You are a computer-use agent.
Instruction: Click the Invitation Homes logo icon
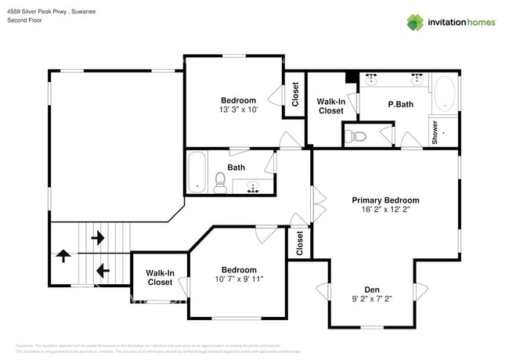415,22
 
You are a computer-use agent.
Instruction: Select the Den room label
370,288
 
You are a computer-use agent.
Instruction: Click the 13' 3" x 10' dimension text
238,110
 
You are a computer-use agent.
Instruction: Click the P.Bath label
400,104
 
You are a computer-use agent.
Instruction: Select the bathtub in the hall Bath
197,172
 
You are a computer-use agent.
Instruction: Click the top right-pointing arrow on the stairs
98,236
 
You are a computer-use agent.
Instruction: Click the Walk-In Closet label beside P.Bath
330,106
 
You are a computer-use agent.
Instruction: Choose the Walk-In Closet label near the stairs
160,277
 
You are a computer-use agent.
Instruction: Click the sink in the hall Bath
254,186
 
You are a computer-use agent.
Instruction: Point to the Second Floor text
24,20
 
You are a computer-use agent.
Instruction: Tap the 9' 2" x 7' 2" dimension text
370,299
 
